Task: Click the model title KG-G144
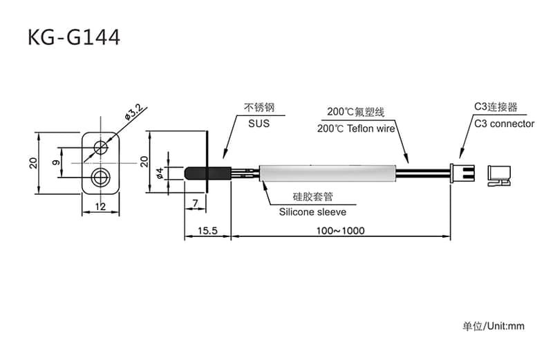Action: coord(74,37)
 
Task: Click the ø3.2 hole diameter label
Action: coord(133,111)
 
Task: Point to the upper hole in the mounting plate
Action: coord(102,146)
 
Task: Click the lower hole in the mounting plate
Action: coord(101,176)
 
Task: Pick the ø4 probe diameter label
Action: coord(160,173)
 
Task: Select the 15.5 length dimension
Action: coord(206,231)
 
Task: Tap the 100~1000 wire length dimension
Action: coord(340,231)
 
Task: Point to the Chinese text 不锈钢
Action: coord(259,108)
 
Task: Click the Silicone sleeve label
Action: coord(313,212)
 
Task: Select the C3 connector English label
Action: coord(504,124)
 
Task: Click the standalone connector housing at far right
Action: coord(498,174)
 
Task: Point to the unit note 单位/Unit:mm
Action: coord(494,325)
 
